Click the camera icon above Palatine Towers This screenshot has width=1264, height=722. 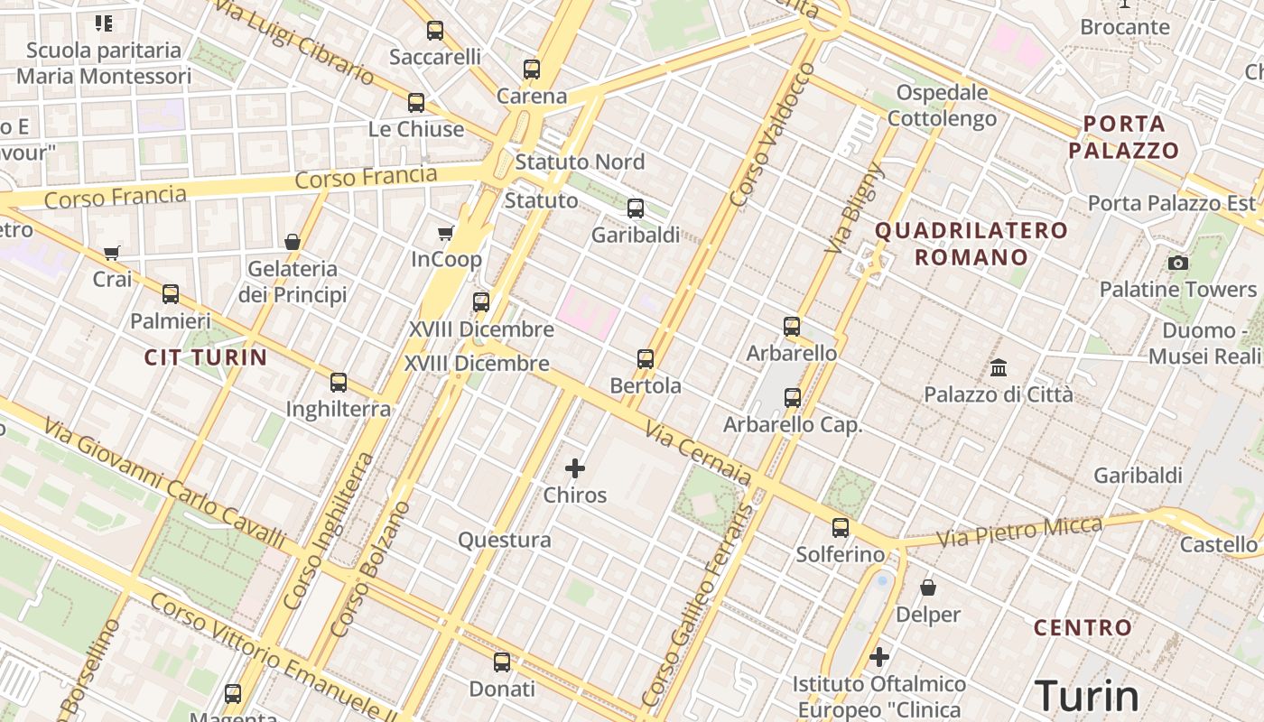point(1177,263)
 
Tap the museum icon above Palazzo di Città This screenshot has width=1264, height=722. point(999,367)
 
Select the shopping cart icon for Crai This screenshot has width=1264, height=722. point(112,253)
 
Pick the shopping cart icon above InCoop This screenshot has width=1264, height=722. point(445,234)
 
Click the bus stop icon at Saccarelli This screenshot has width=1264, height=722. point(435,31)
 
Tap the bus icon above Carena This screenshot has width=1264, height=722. point(532,69)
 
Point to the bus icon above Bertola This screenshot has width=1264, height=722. point(646,359)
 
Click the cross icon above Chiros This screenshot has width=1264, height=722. point(575,468)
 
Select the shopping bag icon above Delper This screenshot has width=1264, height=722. point(928,588)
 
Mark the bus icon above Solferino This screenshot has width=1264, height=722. point(841,528)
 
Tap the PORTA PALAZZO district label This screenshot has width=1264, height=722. point(1124,137)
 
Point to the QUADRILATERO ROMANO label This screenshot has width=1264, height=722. point(971,244)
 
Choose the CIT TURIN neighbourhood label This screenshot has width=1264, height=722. point(206,357)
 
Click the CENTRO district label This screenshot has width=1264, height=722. point(1083,627)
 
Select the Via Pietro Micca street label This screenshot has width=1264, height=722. point(1019,532)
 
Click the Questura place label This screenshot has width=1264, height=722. point(504,540)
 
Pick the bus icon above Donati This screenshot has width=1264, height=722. point(502,662)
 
